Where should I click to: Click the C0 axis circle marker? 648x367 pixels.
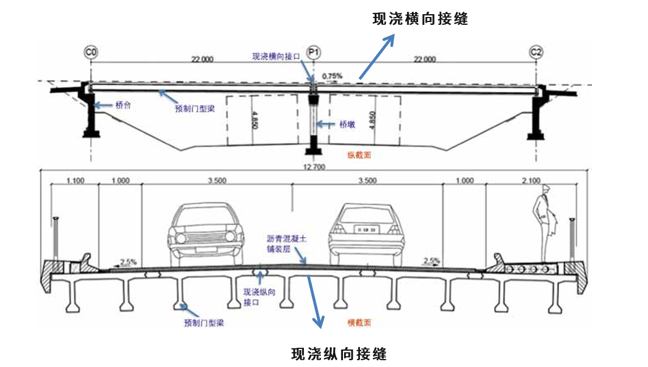coord(91,53)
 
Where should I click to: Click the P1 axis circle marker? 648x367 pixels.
coord(314,53)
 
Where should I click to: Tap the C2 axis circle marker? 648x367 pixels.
coord(536,53)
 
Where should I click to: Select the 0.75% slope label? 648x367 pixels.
coord(332,75)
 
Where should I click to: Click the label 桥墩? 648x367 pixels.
coord(347,124)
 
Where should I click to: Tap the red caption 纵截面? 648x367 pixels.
coord(359,154)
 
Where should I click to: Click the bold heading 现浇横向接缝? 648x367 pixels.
coord(420,19)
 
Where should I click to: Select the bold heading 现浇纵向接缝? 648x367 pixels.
coord(339,354)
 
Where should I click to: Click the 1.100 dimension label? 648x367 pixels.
coord(75,181)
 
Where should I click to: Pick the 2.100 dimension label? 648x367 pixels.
coord(531,181)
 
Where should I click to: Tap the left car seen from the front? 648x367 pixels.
coord(206,232)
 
